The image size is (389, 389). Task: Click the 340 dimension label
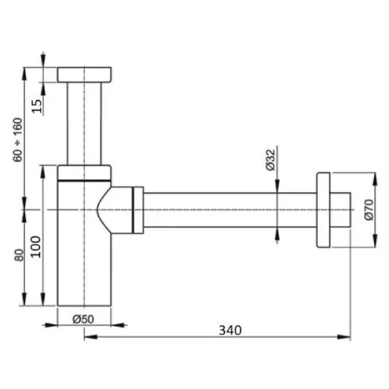[x=230, y=330]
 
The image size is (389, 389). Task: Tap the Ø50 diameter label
[x=84, y=319]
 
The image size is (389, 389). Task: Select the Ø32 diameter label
[x=270, y=160]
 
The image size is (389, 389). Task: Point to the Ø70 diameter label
[x=369, y=209]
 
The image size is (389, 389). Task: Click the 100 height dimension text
[x=36, y=247]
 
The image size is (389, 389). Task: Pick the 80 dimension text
[x=19, y=255]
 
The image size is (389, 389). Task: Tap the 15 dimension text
[x=37, y=106]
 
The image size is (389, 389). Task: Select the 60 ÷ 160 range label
[x=18, y=140]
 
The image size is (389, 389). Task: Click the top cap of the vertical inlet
[x=84, y=75]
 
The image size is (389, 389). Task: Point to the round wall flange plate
[x=324, y=210]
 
